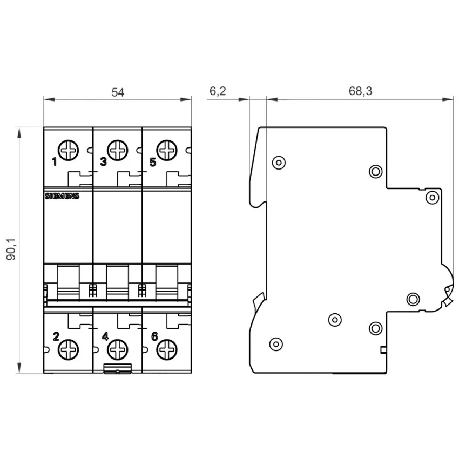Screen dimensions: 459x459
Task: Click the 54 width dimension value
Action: pos(118,92)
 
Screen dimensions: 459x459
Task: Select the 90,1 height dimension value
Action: pos(12,249)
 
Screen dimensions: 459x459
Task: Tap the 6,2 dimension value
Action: pos(218,91)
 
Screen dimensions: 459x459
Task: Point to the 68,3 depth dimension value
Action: pos(360,91)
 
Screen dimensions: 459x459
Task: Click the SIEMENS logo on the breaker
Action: pos(62,196)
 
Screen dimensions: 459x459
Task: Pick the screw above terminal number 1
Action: pos(68,150)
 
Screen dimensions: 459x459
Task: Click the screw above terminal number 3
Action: pos(117,150)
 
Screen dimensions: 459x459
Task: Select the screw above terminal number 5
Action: pos(167,150)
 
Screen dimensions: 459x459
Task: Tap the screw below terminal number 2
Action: pos(68,350)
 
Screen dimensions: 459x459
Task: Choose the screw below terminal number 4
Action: pos(117,350)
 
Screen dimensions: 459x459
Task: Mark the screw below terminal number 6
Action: pos(167,350)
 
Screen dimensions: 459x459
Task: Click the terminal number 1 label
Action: pos(55,161)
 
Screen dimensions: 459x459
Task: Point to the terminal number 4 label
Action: pos(105,336)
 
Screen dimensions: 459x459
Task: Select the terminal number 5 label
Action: pos(153,162)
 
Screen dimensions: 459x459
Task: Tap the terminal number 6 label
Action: pos(154,336)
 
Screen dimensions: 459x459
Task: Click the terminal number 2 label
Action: pos(56,336)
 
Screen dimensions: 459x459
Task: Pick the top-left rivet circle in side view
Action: pos(279,163)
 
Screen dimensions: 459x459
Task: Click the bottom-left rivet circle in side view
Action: pos(276,344)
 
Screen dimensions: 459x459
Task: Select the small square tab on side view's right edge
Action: pos(383,349)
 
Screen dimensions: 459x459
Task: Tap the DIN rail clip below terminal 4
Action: pos(118,368)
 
